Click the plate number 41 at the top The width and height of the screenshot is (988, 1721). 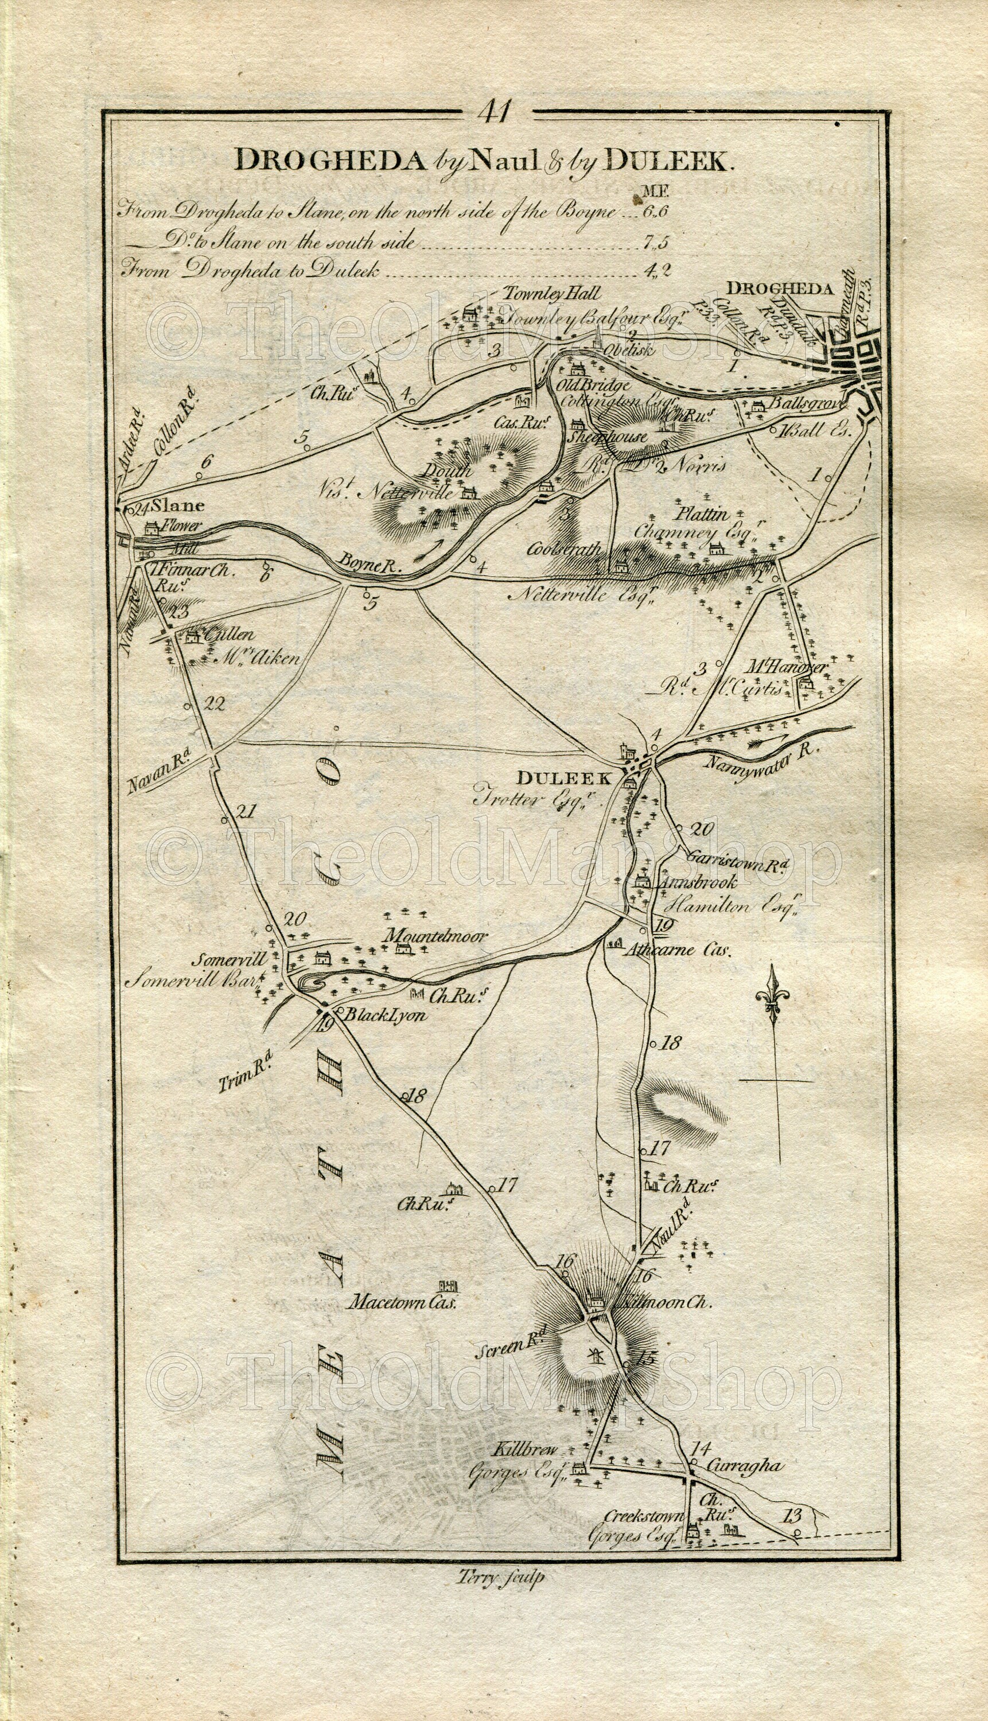tap(497, 111)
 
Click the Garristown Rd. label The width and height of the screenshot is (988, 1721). tap(736, 858)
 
